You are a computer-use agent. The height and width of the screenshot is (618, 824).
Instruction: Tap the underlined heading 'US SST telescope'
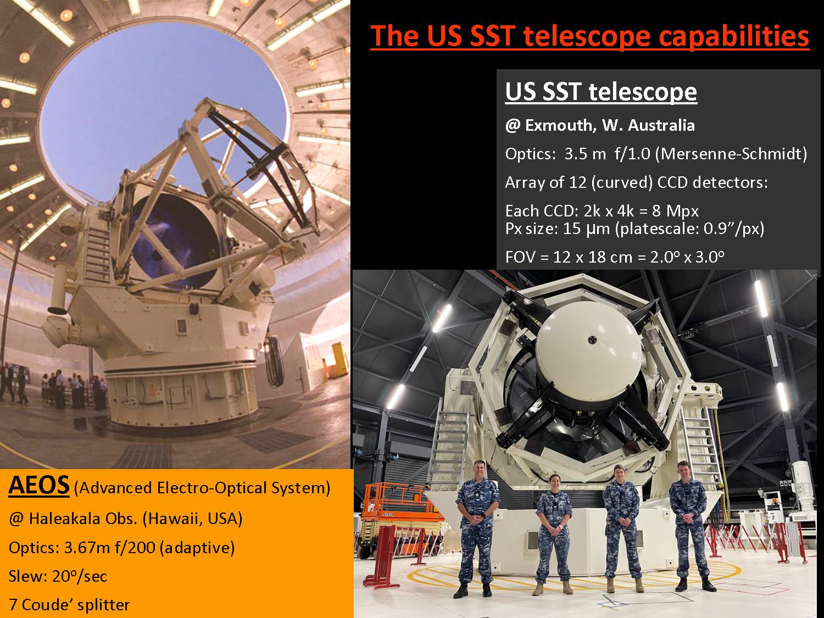click(601, 92)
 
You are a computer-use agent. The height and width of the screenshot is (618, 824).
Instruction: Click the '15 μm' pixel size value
click(586, 229)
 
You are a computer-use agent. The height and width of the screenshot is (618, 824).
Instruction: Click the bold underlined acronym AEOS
click(39, 485)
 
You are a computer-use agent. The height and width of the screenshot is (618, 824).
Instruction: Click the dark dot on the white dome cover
click(592, 339)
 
